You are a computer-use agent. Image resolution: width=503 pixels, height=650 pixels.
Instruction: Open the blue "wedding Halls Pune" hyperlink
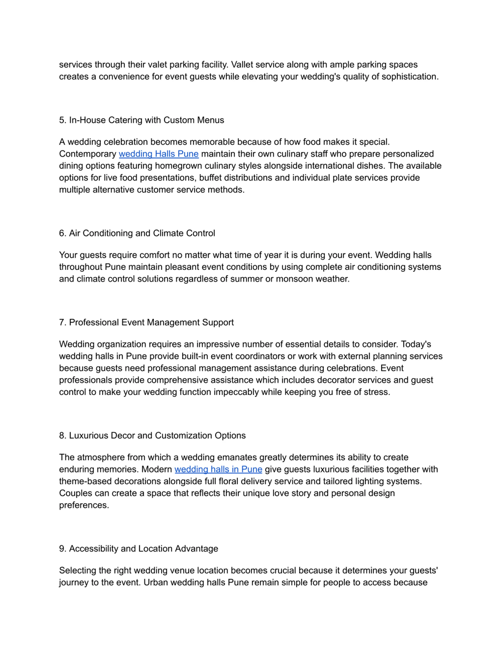159,154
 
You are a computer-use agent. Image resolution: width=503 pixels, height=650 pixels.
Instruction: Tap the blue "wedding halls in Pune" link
218,469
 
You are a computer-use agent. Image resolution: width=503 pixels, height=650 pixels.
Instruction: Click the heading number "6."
62,233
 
